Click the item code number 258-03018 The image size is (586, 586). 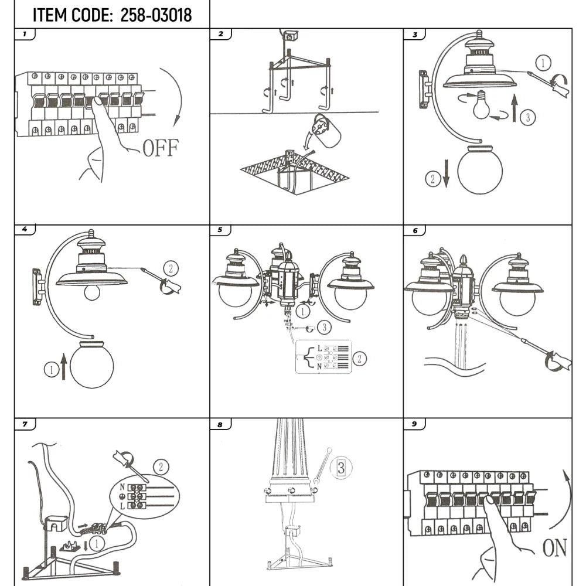click(156, 15)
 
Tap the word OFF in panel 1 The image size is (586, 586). click(160, 148)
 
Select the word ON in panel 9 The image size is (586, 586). click(554, 548)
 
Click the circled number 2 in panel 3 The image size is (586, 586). click(432, 179)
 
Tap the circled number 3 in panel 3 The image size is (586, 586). click(527, 117)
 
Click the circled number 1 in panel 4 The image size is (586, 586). click(51, 370)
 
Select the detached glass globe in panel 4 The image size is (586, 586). click(91, 366)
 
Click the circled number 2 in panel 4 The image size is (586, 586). click(171, 268)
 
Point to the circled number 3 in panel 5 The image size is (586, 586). click(326, 327)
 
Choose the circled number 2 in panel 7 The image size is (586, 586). click(161, 467)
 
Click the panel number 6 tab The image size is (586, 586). click(415, 230)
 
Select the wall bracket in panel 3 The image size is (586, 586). click(424, 90)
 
